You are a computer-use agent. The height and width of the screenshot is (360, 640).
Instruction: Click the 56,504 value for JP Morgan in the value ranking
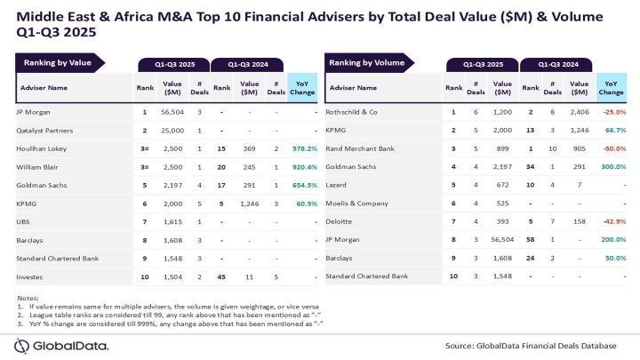tap(172, 112)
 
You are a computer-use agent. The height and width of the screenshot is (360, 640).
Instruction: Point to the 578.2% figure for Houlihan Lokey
tap(304, 149)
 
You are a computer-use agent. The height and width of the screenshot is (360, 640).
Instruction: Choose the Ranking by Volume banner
tap(366, 63)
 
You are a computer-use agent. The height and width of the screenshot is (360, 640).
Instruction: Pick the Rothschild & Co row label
tap(359, 112)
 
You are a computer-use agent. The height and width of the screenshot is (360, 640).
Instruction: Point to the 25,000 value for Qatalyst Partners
tap(172, 131)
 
